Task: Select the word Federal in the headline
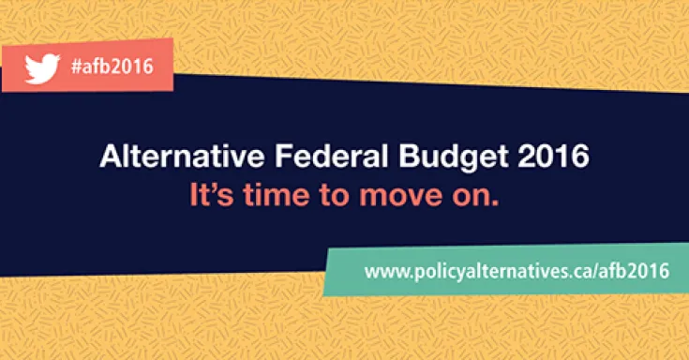click(x=289, y=157)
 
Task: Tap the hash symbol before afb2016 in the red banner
click(x=76, y=66)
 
